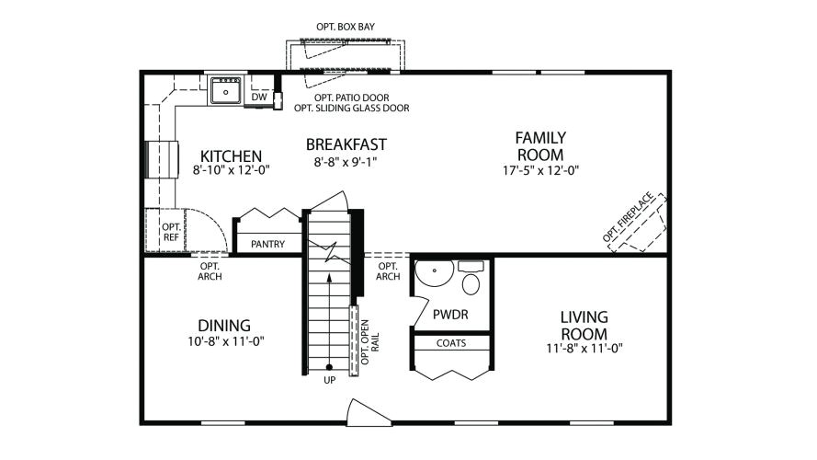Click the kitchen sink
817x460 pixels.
[225, 91]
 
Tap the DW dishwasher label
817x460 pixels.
[259, 97]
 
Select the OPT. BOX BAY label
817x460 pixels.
[346, 27]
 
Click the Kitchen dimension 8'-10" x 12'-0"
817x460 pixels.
[232, 169]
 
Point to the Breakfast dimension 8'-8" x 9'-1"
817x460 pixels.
[346, 162]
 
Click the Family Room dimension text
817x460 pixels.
[541, 170]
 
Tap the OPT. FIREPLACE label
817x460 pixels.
[628, 217]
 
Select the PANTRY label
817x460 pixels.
[267, 244]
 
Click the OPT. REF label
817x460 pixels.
[172, 232]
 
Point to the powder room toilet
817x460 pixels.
[471, 279]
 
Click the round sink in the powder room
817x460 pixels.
[434, 272]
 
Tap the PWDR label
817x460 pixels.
[450, 315]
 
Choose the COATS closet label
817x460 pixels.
[451, 343]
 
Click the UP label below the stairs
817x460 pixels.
[329, 380]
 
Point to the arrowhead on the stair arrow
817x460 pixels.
[329, 277]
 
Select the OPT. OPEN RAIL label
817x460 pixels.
[370, 342]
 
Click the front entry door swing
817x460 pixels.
[369, 413]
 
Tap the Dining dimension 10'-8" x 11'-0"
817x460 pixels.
[226, 341]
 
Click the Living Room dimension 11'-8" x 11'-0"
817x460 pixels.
[584, 348]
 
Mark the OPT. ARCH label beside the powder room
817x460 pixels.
[388, 271]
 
